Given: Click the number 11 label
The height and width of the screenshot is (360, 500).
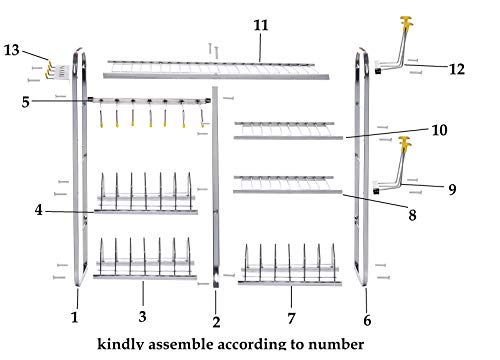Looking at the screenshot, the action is pyautogui.click(x=261, y=25).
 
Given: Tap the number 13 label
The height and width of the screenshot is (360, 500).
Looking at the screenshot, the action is pyautogui.click(x=12, y=50).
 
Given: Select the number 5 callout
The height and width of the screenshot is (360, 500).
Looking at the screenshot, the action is pyautogui.click(x=26, y=102).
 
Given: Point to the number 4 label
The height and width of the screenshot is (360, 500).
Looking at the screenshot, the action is pyautogui.click(x=39, y=210).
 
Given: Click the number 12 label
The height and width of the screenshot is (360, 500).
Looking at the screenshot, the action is pyautogui.click(x=457, y=69).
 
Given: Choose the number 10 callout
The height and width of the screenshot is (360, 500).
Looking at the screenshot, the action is pyautogui.click(x=439, y=130).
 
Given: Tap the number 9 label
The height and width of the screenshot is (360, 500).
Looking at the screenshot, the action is pyautogui.click(x=452, y=189).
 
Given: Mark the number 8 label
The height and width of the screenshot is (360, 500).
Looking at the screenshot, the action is pyautogui.click(x=412, y=215).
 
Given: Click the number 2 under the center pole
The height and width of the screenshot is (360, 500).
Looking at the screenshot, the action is pyautogui.click(x=216, y=322).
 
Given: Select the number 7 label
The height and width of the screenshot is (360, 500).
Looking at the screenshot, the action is pyautogui.click(x=291, y=319).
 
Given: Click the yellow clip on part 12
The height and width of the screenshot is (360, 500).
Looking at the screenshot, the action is pyautogui.click(x=407, y=23).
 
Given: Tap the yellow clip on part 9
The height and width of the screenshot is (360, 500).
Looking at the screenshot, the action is pyautogui.click(x=405, y=143).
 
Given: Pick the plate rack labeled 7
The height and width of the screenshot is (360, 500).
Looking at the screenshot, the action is pyautogui.click(x=290, y=267).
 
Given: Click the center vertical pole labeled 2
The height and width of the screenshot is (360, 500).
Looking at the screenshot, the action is pyautogui.click(x=215, y=187).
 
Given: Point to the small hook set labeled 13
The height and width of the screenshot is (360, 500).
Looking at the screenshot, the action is pyautogui.click(x=58, y=71).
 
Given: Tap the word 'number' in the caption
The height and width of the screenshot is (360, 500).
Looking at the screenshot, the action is pyautogui.click(x=336, y=344).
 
